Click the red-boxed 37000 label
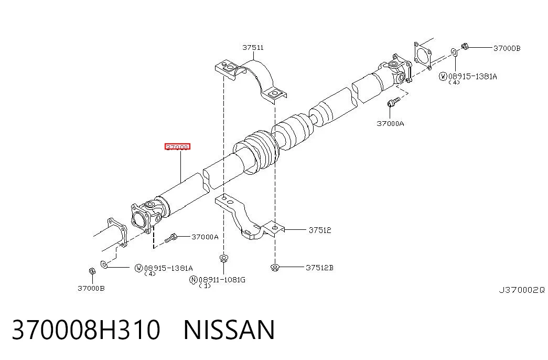[177, 146]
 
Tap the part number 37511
[253, 47]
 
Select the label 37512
[320, 230]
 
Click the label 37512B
[319, 268]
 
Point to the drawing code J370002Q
[521, 290]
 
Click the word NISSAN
[229, 330]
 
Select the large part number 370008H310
[86, 330]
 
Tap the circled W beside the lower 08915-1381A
[139, 268]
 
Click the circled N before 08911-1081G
[194, 280]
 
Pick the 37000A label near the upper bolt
[390, 123]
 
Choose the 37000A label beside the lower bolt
[205, 237]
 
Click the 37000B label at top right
[507, 48]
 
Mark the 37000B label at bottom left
[91, 288]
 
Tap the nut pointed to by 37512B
[275, 268]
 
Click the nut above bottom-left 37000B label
[92, 271]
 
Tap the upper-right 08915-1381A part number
[472, 76]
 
